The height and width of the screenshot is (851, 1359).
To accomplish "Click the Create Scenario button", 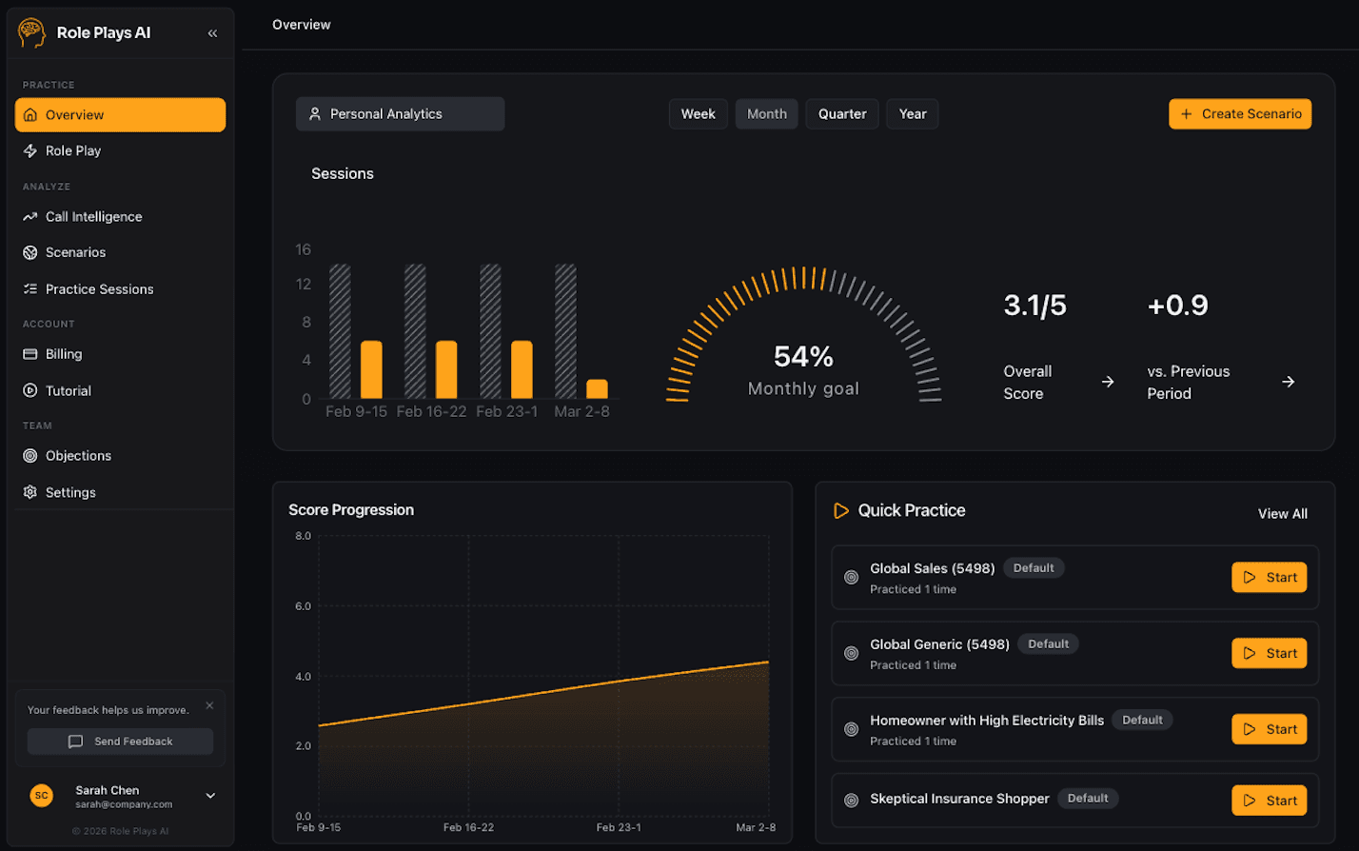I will [1240, 114].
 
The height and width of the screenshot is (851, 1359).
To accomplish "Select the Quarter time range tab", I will [842, 114].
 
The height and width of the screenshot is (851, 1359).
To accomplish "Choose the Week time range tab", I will [698, 114].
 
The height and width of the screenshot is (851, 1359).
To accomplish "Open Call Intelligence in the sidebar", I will [93, 217].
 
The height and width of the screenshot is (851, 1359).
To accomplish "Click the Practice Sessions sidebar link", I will [99, 289].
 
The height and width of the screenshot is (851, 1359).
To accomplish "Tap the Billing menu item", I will [64, 354].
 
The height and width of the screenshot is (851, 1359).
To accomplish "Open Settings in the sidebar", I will [70, 493].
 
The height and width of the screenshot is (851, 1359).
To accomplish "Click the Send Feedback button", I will [120, 742].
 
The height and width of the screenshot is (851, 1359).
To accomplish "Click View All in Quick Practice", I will [1282, 514].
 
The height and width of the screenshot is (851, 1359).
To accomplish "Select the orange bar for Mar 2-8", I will [597, 389].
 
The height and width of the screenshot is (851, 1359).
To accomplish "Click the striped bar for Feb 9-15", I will [340, 331].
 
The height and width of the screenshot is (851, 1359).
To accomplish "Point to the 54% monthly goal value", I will [803, 357].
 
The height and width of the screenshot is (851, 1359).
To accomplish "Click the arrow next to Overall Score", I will [1108, 382].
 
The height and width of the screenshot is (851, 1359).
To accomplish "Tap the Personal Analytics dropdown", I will [400, 114].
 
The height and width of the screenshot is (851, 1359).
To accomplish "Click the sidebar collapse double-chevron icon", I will [212, 33].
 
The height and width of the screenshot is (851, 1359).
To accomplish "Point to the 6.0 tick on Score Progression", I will [303, 606].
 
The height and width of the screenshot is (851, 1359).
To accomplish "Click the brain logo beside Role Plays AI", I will [31, 33].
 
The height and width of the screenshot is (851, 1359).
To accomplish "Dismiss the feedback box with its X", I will [209, 706].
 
